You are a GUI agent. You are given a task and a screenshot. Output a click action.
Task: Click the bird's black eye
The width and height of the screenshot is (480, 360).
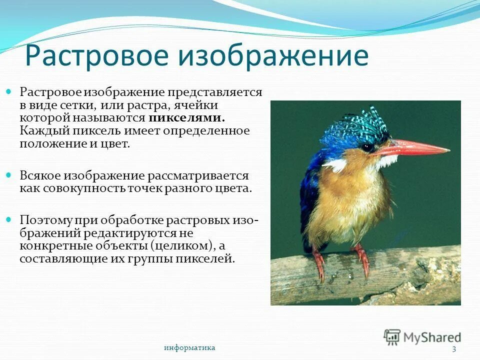point(367,147)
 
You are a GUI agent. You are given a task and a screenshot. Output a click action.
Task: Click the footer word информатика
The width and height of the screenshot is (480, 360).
point(189,347)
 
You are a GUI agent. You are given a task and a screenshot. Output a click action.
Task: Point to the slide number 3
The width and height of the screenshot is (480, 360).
point(454,349)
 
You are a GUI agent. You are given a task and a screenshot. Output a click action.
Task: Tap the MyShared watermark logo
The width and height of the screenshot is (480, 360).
point(422,337)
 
